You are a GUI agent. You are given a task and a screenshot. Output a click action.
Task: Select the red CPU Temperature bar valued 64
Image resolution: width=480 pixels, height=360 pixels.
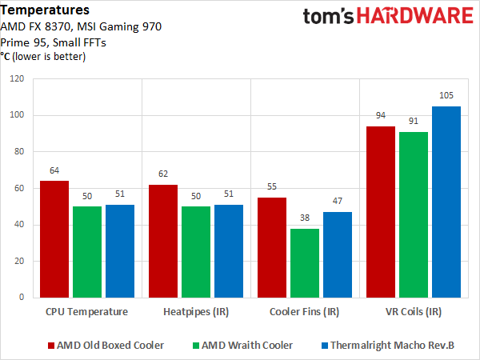[54, 238]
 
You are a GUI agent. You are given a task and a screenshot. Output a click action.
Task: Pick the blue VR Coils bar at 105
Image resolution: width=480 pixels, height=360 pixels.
[446, 202]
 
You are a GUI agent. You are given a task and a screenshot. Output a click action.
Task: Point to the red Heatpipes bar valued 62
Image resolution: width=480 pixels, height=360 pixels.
[163, 241]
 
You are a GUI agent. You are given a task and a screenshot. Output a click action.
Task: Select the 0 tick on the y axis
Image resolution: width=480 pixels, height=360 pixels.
[22, 298]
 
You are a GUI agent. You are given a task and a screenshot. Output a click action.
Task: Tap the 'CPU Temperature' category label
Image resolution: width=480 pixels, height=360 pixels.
[87, 311]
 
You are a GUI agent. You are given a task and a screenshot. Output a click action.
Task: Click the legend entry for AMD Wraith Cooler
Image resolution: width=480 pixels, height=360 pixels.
[246, 345]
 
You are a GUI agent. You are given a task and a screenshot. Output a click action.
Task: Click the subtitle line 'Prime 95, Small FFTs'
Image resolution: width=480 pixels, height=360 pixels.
[58, 42]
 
